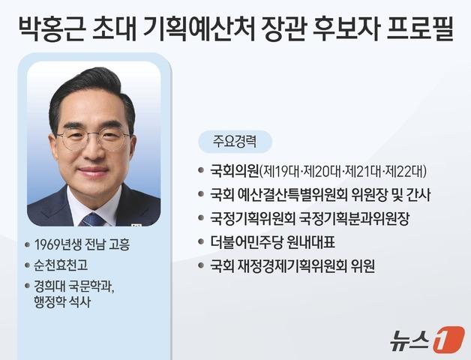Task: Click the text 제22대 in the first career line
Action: (409, 171)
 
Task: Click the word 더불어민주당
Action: (247, 241)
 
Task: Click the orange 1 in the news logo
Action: (448, 339)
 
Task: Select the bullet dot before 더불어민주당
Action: (199, 242)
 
